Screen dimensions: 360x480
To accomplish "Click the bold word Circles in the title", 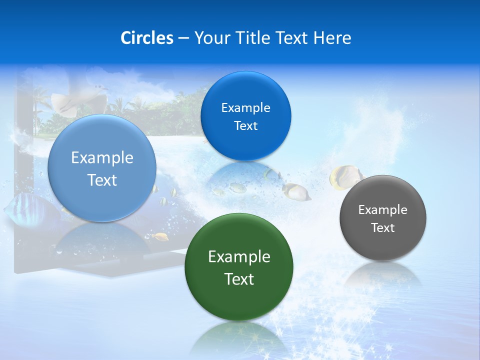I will click(146, 38).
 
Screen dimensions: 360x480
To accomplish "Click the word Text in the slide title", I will click(293, 38).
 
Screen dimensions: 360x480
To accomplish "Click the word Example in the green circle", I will click(239, 257).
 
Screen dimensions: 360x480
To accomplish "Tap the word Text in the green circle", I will click(239, 279).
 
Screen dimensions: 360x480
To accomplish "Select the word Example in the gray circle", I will click(382, 210).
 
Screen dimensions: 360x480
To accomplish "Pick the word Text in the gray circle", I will click(383, 228).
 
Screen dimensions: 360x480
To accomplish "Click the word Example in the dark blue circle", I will click(245, 108).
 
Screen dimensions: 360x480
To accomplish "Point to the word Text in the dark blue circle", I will click(245, 126).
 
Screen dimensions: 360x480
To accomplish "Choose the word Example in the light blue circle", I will click(102, 158).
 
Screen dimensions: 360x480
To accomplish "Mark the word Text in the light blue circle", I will click(102, 180).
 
